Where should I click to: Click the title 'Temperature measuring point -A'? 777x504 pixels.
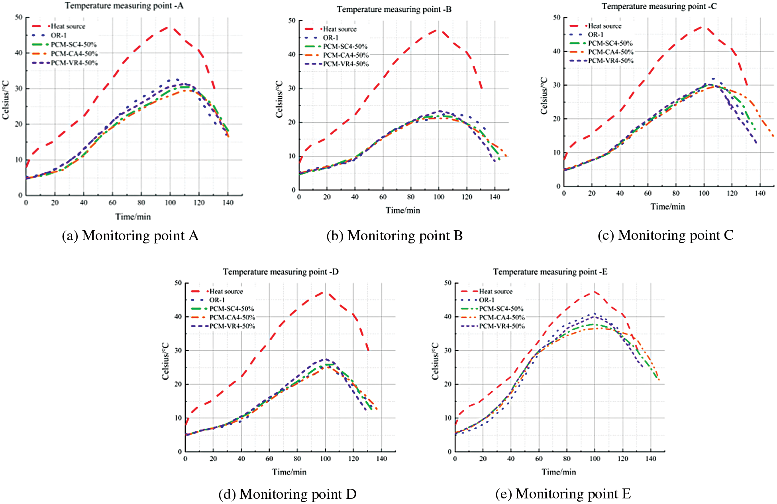click(124, 6)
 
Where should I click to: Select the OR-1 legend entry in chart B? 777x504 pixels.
click(330, 38)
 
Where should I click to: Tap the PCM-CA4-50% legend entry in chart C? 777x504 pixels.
click(610, 52)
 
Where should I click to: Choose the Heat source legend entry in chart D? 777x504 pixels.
click(226, 292)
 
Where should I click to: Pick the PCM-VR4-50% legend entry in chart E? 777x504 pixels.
click(502, 326)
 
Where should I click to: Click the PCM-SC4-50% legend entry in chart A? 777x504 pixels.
click(73, 45)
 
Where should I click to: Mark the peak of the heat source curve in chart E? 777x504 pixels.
click(595, 292)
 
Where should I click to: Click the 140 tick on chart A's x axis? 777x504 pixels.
click(228, 203)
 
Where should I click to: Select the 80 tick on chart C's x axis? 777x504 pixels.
click(676, 194)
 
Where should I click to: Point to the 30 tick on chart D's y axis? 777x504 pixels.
click(178, 351)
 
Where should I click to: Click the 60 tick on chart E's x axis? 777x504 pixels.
click(539, 459)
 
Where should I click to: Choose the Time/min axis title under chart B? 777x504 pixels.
click(402, 210)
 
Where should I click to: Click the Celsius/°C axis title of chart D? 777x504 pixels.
click(166, 361)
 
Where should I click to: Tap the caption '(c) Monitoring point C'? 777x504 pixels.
click(665, 235)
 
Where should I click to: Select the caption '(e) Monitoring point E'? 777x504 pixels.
click(563, 494)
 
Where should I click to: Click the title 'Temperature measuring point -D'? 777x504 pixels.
click(281, 272)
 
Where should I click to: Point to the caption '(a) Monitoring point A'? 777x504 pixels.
click(130, 236)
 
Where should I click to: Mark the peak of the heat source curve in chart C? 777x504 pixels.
click(703, 27)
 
